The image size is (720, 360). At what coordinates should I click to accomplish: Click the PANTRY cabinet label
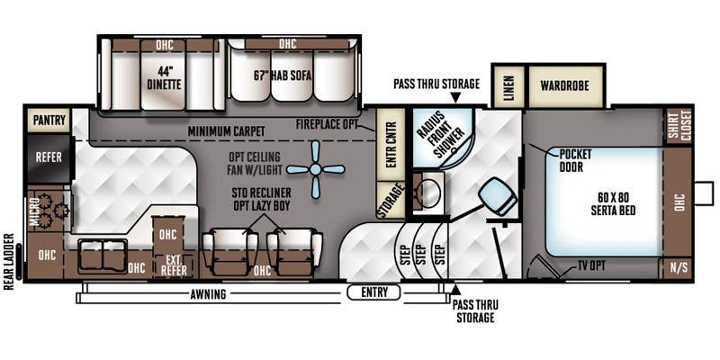click(49, 121)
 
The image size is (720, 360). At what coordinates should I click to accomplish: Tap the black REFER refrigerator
click(49, 157)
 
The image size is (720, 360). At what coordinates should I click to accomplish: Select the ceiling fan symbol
click(315, 169)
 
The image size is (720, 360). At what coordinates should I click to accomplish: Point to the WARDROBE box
click(565, 85)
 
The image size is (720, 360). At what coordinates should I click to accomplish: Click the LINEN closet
click(508, 86)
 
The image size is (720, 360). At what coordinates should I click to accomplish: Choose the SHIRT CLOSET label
click(679, 124)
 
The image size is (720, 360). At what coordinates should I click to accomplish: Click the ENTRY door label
click(374, 292)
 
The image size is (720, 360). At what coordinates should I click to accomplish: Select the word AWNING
click(209, 294)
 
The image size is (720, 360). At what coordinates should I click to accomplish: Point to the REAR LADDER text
click(9, 262)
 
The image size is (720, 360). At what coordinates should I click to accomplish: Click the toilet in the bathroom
click(498, 196)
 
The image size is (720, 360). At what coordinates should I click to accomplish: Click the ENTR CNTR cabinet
click(391, 145)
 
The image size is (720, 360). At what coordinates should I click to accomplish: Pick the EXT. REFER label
click(174, 266)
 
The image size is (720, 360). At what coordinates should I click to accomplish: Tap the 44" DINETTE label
click(164, 78)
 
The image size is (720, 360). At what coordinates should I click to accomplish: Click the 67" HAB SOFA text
click(282, 76)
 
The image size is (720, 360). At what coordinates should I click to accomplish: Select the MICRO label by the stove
click(34, 212)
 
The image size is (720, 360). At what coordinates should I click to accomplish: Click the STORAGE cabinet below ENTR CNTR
click(391, 200)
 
